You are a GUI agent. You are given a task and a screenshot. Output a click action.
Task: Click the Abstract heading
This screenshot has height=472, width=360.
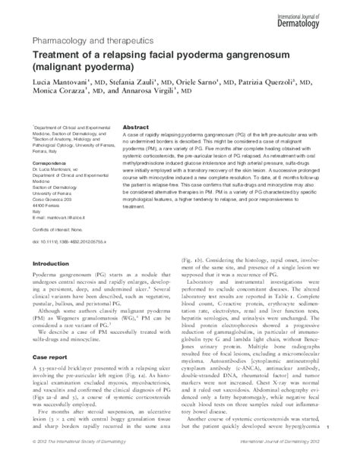point(134,127)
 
